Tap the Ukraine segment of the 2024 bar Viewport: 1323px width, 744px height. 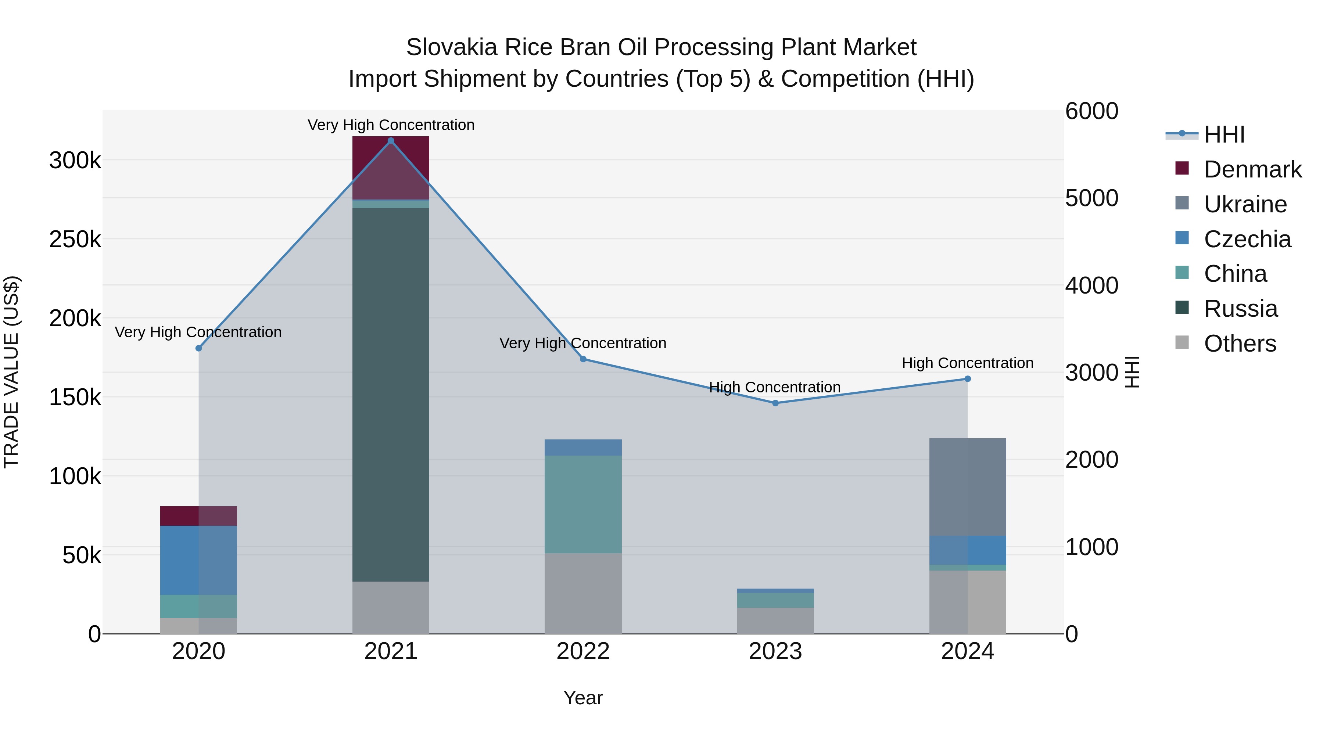click(967, 487)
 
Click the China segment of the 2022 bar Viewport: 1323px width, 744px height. click(583, 504)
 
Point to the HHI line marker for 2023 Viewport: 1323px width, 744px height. click(775, 403)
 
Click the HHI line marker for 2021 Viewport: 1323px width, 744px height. click(390, 141)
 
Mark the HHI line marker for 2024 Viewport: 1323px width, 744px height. click(967, 379)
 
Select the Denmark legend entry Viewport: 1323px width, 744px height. click(1252, 169)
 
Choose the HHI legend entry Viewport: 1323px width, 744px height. click(1224, 134)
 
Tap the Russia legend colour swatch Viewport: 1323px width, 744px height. click(1182, 308)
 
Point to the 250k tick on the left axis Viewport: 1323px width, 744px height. click(75, 239)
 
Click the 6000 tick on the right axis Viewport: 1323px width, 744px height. click(1091, 111)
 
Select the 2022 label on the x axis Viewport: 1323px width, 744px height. click(583, 651)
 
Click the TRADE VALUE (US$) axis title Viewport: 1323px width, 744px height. click(12, 372)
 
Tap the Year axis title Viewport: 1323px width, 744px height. click(583, 698)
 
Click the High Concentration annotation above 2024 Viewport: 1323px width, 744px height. click(967, 363)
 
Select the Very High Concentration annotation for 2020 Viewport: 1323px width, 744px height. click(198, 332)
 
